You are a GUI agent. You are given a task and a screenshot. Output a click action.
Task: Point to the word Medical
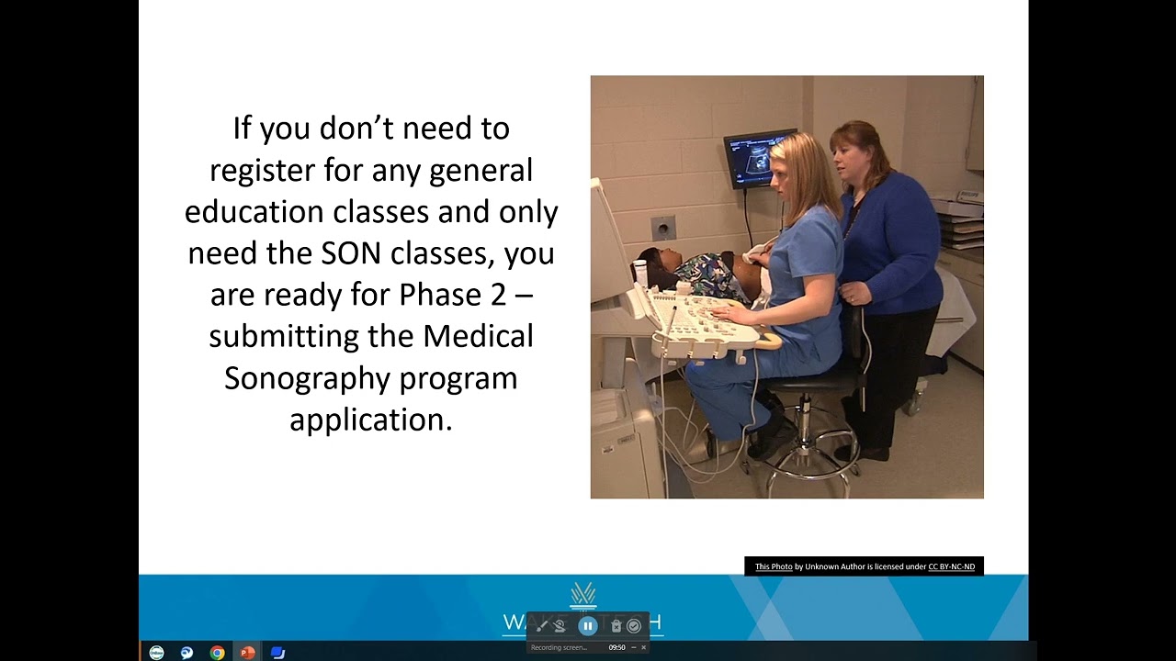click(478, 336)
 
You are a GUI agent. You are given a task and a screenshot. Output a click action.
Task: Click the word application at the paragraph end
click(370, 420)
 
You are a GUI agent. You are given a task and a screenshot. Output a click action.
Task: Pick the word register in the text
click(262, 170)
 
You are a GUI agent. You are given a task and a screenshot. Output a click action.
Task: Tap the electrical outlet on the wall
click(663, 228)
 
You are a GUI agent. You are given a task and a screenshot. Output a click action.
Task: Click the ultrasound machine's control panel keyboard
click(703, 320)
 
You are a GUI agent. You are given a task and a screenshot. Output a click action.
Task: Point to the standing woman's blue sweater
click(891, 239)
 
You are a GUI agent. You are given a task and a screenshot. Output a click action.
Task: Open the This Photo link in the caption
click(774, 566)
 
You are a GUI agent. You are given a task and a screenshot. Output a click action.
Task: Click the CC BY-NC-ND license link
click(951, 566)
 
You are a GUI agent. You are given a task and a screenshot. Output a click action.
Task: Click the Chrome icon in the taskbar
click(217, 653)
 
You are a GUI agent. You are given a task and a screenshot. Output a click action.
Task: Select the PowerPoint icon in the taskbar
click(247, 653)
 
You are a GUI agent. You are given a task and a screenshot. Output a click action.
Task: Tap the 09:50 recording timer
click(616, 647)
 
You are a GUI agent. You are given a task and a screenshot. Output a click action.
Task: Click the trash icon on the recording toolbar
click(616, 626)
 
